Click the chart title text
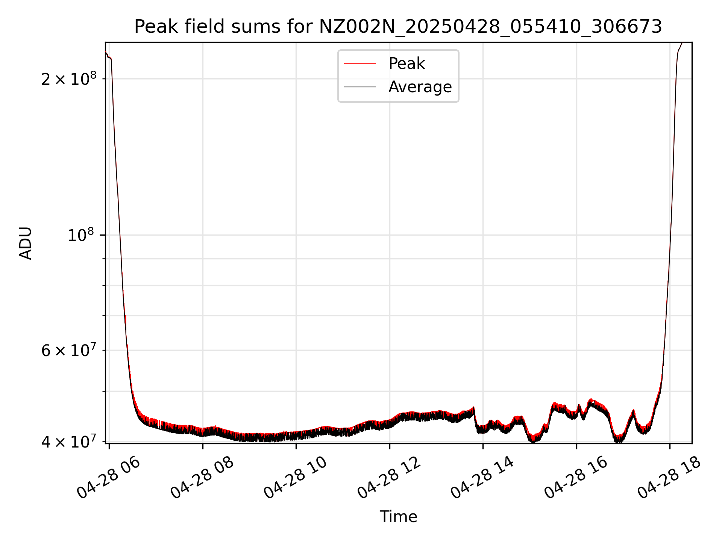[398, 27]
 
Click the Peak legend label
[407, 64]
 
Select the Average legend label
[420, 87]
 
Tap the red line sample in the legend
[360, 64]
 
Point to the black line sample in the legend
[360, 87]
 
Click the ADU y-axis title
[26, 243]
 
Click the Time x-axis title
[398, 516]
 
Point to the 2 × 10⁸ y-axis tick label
[69, 79]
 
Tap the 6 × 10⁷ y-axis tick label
[69, 351]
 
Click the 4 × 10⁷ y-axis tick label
[69, 442]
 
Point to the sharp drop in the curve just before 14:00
[475, 418]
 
